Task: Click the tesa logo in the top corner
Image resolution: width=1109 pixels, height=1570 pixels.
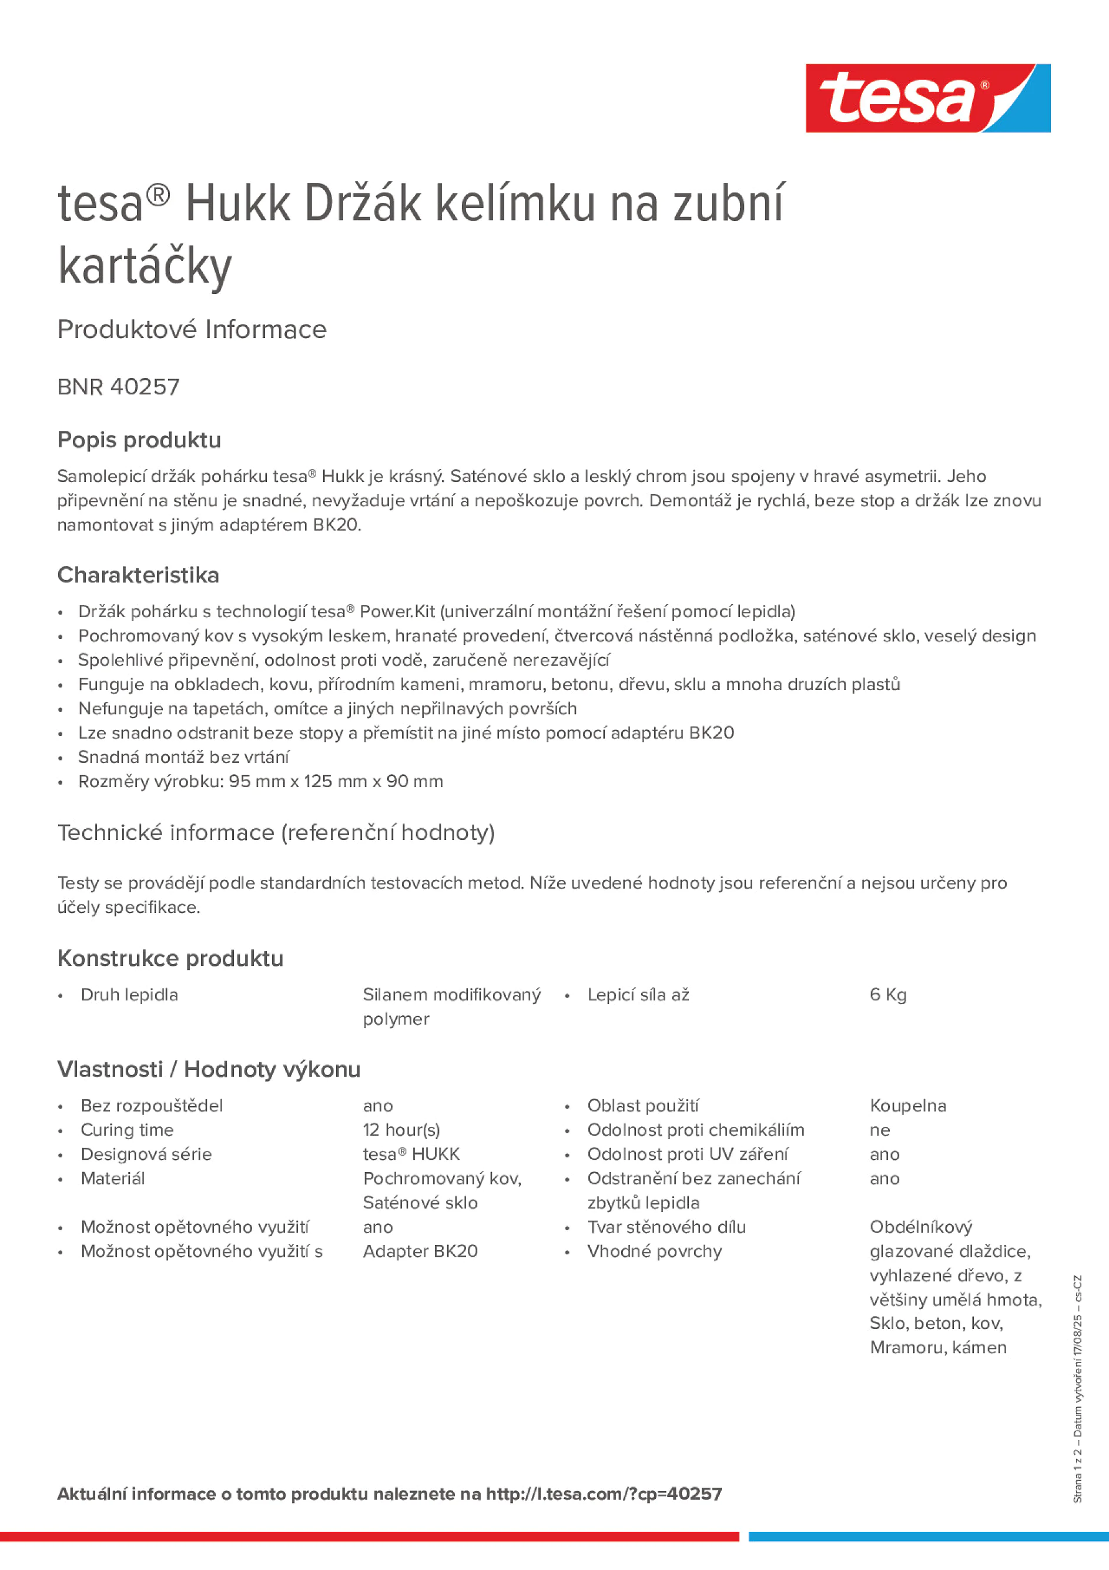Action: [x=927, y=99]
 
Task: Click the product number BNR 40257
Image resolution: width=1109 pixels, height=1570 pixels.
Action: [x=118, y=387]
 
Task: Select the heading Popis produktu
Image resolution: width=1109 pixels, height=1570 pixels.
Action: [x=139, y=440]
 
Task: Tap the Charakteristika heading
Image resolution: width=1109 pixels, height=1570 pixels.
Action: [x=138, y=575]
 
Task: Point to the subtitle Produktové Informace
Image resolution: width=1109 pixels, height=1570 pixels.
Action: [x=192, y=330]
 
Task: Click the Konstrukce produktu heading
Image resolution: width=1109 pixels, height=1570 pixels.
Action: [x=170, y=958]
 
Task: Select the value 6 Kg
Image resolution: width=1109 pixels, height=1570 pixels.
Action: [x=887, y=995]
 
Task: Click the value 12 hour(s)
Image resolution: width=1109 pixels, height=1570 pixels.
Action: [x=401, y=1130]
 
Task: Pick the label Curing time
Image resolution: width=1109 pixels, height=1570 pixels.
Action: [x=127, y=1130]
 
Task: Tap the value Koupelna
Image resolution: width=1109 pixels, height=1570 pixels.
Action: [x=907, y=1106]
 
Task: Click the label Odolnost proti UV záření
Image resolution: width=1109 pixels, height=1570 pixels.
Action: [x=687, y=1154]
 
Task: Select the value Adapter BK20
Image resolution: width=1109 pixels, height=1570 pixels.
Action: [x=420, y=1251]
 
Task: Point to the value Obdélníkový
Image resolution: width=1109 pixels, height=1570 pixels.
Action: [x=920, y=1227]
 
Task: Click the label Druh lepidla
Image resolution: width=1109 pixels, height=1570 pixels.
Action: [x=129, y=995]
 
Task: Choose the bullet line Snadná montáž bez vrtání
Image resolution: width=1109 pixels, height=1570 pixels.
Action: [x=183, y=757]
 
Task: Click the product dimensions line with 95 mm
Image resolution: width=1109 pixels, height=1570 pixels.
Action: [x=260, y=782]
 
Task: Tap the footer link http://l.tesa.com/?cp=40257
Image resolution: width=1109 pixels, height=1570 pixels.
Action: [x=604, y=1494]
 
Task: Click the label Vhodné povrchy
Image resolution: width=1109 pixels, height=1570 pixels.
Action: [x=654, y=1251]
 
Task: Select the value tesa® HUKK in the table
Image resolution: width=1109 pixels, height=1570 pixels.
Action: [x=411, y=1154]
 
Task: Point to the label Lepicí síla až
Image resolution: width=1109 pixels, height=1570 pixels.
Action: [x=638, y=995]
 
